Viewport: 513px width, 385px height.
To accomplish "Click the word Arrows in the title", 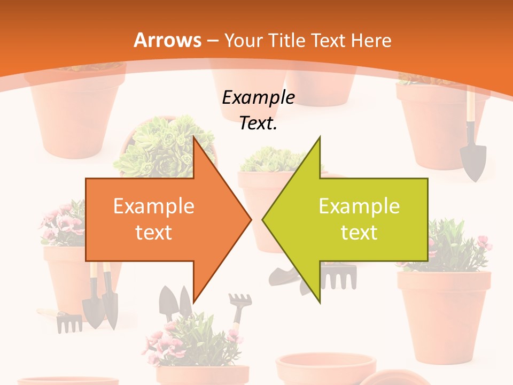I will pos(167,40).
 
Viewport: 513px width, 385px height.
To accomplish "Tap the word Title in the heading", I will pos(286,40).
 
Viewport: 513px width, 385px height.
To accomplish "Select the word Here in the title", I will pos(371,40).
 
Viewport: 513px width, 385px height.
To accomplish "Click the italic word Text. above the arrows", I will pos(258,123).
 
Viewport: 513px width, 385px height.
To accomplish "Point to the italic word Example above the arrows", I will pos(258,97).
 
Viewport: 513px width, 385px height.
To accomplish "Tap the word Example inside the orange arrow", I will pos(154,206).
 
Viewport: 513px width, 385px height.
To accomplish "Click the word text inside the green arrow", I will pos(359,232).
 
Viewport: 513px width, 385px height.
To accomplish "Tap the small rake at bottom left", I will pos(68,322).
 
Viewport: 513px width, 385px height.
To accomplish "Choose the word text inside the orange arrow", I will pos(154,232).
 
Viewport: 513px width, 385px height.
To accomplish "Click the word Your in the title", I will pos(243,40).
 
